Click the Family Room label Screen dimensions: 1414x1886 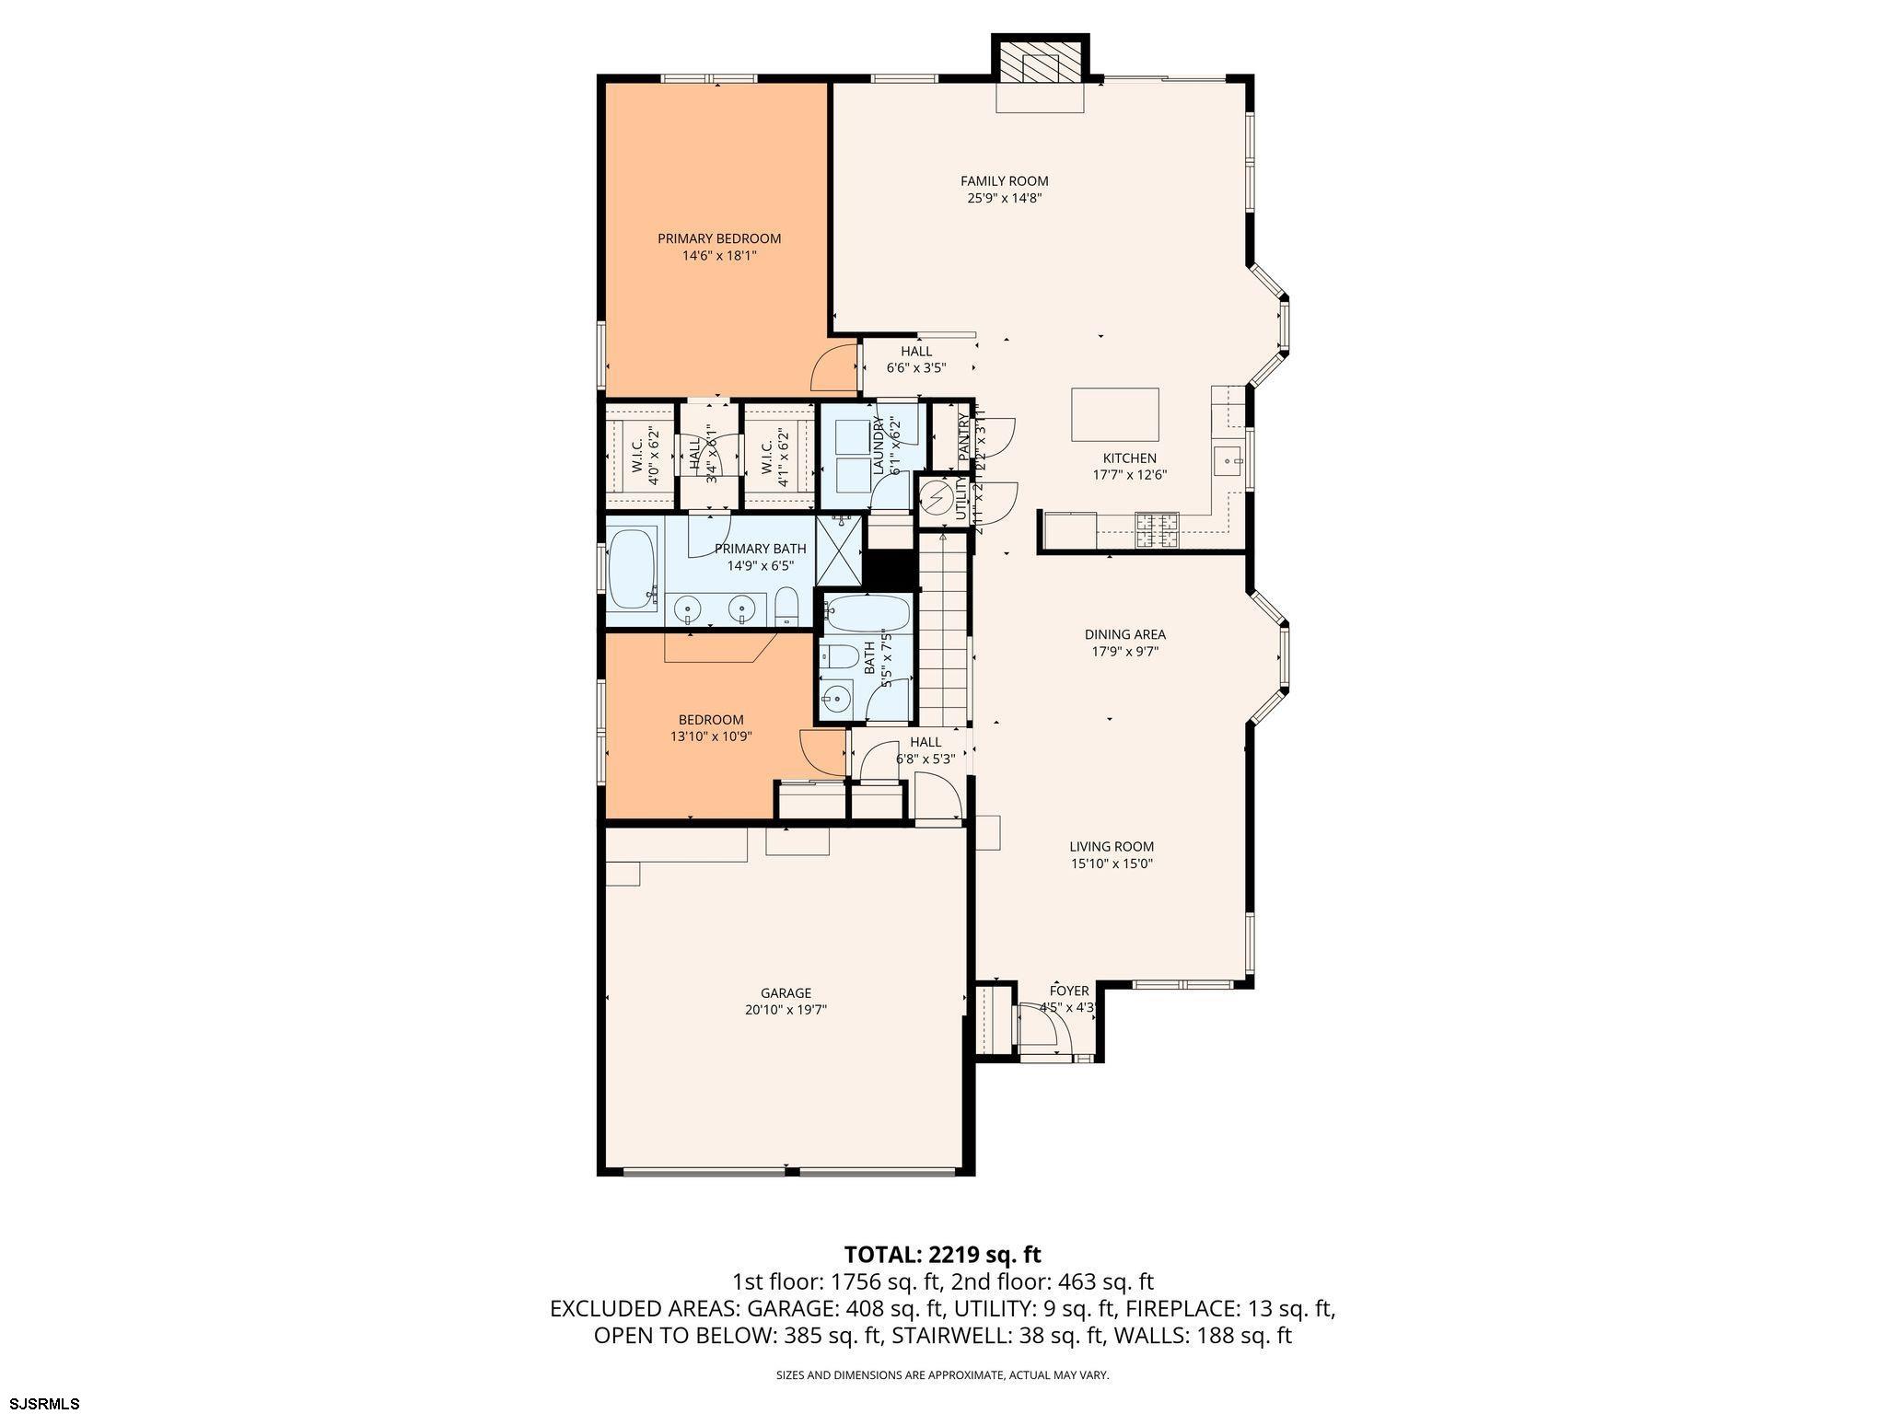click(x=1004, y=181)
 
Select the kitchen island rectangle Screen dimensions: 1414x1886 click(x=1114, y=415)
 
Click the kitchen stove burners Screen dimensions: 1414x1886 click(x=1157, y=530)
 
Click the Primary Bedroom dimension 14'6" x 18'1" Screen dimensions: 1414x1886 click(x=719, y=256)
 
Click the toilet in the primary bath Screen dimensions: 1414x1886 click(x=786, y=607)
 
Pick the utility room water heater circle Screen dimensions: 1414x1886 click(x=937, y=499)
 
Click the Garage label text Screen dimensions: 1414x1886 click(x=786, y=993)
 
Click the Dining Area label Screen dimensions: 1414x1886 click(x=1124, y=634)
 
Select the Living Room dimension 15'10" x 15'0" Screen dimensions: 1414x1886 click(x=1112, y=863)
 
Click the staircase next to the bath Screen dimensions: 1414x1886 click(x=943, y=626)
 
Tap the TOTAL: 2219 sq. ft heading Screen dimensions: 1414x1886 click(x=942, y=1254)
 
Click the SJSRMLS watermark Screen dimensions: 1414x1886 click(x=41, y=1403)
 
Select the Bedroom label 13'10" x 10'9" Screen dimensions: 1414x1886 click(x=711, y=736)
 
